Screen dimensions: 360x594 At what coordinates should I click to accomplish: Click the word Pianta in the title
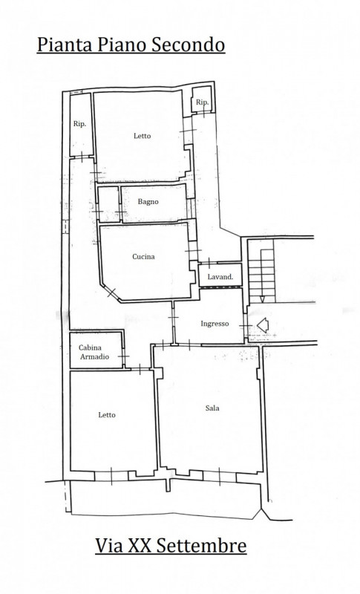pos(65,45)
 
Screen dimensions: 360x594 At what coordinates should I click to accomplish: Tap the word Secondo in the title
pos(188,45)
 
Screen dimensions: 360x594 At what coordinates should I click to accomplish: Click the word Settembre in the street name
pos(201,546)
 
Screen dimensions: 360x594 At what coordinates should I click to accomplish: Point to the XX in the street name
pos(140,546)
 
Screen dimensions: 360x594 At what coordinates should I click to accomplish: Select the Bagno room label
pos(148,202)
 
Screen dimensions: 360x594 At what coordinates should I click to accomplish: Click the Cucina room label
pos(143,256)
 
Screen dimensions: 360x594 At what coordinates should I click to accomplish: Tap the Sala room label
pos(212,408)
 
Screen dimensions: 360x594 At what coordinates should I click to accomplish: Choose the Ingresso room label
pos(215,324)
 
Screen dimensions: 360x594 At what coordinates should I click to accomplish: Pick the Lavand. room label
pos(220,277)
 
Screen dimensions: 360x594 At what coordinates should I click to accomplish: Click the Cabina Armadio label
pos(94,352)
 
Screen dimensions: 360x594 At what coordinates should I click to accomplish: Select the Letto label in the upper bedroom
pos(142,136)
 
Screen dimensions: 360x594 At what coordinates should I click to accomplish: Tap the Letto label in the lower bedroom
pos(107,415)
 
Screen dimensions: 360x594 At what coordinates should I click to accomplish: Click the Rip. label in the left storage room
pos(79,124)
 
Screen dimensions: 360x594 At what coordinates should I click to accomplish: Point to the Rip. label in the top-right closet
pos(202,102)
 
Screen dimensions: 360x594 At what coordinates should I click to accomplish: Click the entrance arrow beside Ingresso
pos(263,324)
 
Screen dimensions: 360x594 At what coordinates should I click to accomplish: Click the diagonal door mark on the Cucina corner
pos(111,292)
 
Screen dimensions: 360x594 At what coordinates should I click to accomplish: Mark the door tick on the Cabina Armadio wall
pos(123,356)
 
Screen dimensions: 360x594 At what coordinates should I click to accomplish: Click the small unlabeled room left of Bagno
pos(108,204)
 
